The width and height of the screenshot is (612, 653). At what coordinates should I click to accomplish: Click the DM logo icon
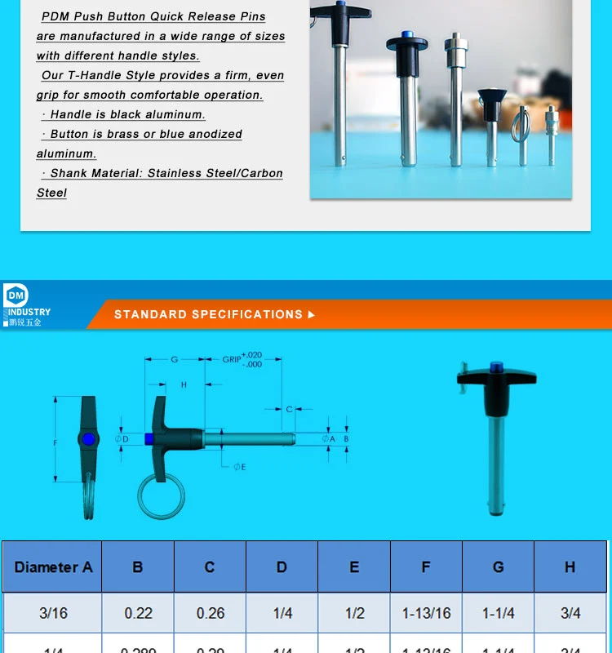16,296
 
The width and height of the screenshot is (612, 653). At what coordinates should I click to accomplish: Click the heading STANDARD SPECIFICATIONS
208,314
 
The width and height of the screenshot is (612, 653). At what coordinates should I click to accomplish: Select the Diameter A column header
53,566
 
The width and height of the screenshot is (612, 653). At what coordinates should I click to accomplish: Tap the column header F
426,566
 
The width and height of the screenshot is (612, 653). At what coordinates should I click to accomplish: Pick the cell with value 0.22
138,613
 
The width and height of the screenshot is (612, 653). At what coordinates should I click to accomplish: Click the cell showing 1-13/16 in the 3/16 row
426,613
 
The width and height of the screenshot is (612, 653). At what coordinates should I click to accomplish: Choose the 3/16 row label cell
53,613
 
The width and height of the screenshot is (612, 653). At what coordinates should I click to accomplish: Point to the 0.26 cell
210,613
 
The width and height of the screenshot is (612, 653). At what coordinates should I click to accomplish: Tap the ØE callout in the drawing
239,467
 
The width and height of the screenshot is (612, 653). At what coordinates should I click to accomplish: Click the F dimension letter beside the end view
55,442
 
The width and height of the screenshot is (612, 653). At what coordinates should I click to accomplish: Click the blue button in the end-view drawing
88,440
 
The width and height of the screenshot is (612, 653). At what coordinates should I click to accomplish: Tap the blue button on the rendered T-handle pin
494,368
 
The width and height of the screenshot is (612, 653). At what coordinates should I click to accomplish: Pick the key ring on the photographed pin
520,127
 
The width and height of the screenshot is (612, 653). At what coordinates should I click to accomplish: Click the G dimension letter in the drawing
175,359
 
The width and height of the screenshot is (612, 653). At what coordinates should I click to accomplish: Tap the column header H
570,566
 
